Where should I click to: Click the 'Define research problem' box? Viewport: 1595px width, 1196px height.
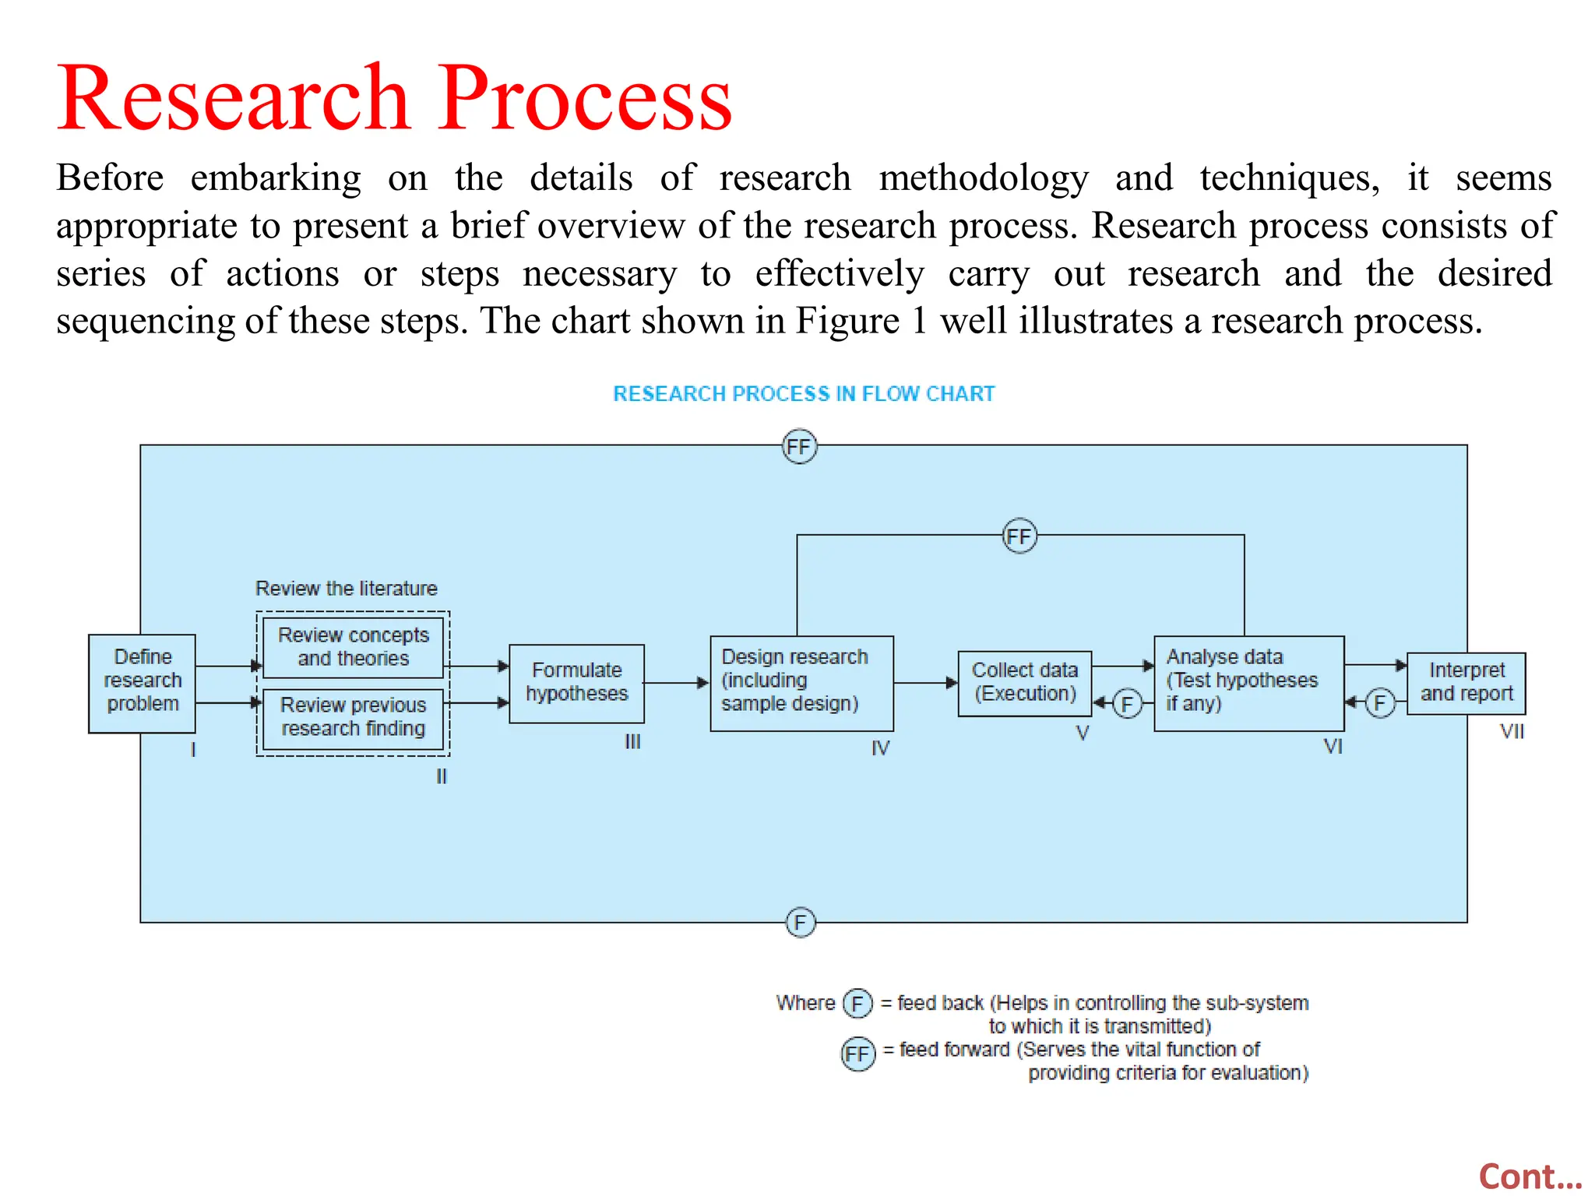click(x=142, y=683)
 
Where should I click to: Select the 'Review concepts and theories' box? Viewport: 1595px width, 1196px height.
click(x=353, y=647)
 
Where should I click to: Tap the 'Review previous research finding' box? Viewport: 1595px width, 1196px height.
click(x=353, y=717)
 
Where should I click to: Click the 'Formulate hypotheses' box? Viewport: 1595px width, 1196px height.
click(x=576, y=683)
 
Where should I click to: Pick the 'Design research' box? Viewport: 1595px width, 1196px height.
click(x=801, y=683)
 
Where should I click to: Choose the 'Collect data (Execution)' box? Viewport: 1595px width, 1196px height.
click(x=1024, y=683)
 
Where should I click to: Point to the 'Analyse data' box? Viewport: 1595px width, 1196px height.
click(x=1248, y=683)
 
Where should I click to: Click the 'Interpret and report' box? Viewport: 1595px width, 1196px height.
click(x=1466, y=683)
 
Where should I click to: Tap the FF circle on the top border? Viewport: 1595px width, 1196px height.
click(x=799, y=447)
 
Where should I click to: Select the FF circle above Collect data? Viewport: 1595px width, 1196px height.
click(x=1019, y=536)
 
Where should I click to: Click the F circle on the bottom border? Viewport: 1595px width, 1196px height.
click(x=800, y=923)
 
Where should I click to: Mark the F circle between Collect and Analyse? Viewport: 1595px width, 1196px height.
click(x=1127, y=704)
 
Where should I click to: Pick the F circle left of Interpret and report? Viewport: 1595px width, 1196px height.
click(x=1379, y=704)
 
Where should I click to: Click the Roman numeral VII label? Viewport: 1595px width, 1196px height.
click(x=1512, y=732)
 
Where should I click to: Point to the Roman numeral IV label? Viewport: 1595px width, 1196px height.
click(x=880, y=748)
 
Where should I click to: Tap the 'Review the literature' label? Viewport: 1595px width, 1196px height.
click(x=347, y=589)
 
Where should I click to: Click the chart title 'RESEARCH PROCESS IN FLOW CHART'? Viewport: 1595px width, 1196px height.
click(x=804, y=394)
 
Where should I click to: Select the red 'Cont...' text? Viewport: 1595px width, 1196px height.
click(x=1530, y=1177)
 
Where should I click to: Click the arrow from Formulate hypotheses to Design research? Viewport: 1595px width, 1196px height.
click(x=676, y=683)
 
